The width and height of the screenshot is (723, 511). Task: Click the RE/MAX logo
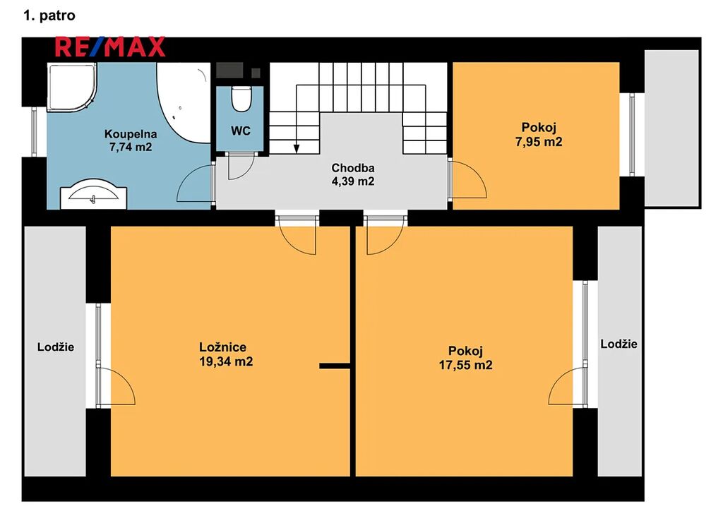[x=109, y=47]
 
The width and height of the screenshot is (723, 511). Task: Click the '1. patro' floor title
[x=49, y=16]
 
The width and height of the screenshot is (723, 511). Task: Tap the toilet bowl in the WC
[x=241, y=99]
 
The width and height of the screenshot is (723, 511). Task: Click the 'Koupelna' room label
[x=131, y=134]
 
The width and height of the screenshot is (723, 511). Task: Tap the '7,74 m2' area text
[x=131, y=147]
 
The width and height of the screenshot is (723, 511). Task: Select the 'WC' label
[x=241, y=131]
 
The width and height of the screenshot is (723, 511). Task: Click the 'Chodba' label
[x=353, y=168]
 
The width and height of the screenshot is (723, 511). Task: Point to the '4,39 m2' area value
[x=353, y=181]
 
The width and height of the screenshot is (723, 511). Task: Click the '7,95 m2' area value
[x=539, y=141]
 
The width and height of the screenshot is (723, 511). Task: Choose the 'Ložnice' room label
[x=222, y=347]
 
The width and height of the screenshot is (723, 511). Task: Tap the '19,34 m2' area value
[x=226, y=361]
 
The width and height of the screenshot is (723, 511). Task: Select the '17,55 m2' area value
[x=466, y=365]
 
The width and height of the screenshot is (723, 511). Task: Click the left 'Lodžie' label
[x=56, y=347]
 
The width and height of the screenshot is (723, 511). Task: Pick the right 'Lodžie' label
[x=619, y=344]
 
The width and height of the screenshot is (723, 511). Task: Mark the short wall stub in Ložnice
[x=335, y=366]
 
